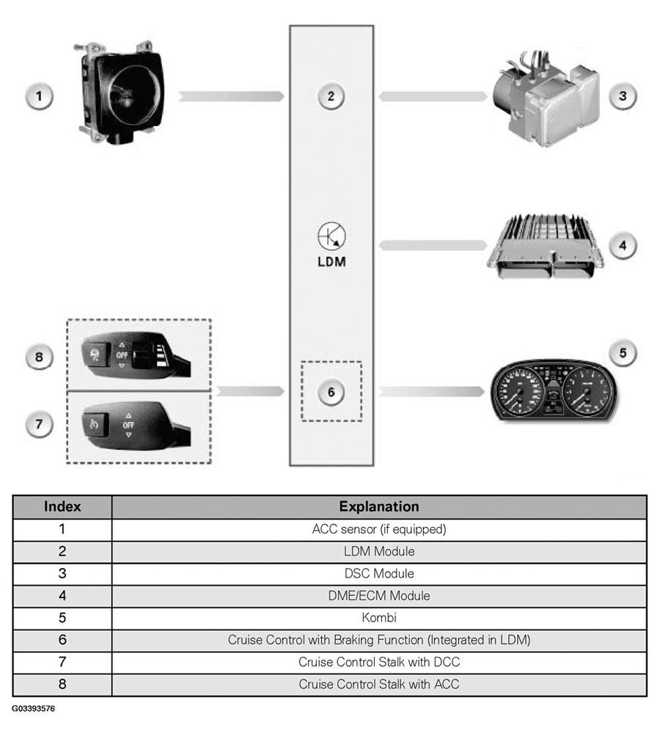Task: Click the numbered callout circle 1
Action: tap(39, 96)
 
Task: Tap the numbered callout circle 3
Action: tap(623, 96)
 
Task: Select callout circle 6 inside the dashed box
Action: tap(331, 392)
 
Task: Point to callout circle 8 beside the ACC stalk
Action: tap(39, 357)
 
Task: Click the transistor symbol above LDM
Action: tap(331, 236)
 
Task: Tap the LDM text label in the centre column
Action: tap(331, 262)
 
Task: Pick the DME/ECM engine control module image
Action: tap(545, 247)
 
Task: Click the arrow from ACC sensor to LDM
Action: tap(231, 96)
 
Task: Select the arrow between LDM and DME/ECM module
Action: tap(433, 246)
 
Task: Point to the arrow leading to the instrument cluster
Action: tap(431, 391)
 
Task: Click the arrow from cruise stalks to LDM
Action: tap(251, 391)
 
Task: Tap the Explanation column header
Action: tap(379, 506)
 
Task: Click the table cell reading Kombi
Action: tap(379, 618)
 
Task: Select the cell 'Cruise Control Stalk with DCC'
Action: tap(379, 662)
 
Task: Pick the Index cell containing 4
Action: tap(62, 596)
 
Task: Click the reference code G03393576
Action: tap(33, 708)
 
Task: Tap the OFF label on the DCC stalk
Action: tap(128, 426)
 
